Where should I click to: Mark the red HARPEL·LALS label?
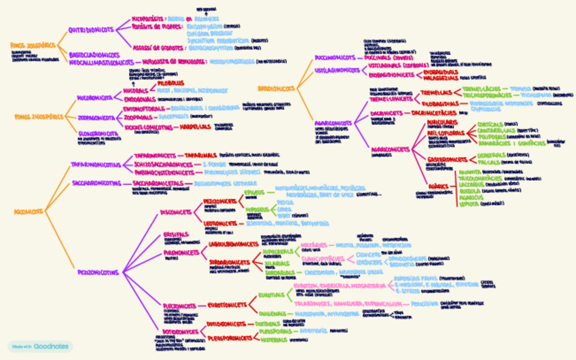pyautogui.click(x=194, y=126)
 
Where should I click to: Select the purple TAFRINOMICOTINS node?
pyautogui.click(x=95, y=164)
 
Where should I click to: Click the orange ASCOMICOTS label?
pyautogui.click(x=29, y=211)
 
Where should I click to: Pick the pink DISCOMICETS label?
pyautogui.click(x=176, y=212)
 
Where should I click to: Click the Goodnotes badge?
pyautogui.click(x=39, y=346)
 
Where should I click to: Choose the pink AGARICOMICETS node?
pyautogui.click(x=390, y=148)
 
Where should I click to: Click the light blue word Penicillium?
pyautogui.click(x=425, y=304)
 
